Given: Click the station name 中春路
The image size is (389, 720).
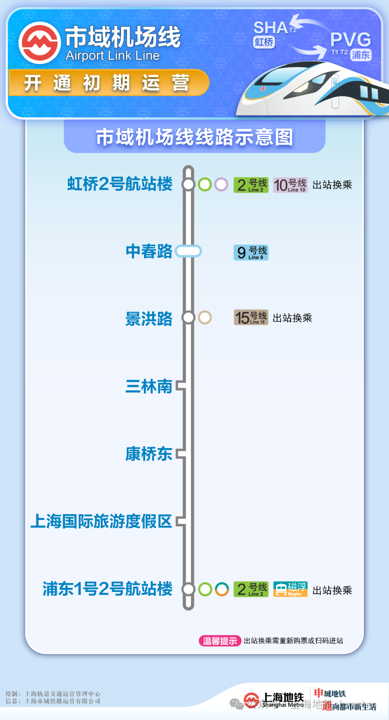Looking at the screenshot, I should (x=149, y=251).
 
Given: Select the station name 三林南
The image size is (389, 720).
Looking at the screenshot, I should (x=149, y=386).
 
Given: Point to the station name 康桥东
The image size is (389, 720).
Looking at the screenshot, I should (x=149, y=454).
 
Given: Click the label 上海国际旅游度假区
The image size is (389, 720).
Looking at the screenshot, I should (x=101, y=521).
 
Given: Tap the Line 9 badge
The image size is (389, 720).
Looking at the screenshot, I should (x=251, y=253).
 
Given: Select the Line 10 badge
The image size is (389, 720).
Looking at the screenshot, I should (x=290, y=185).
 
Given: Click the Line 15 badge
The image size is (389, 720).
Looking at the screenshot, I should (x=251, y=317).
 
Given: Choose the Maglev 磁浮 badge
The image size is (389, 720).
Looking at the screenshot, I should (x=290, y=589).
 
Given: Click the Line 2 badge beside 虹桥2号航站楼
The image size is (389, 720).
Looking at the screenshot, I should (x=251, y=185).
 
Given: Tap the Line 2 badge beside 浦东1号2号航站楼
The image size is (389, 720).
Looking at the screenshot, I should (x=251, y=589).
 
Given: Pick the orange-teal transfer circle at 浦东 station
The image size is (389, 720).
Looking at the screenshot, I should (x=222, y=589).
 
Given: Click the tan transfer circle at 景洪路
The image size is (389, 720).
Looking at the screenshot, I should (x=205, y=317).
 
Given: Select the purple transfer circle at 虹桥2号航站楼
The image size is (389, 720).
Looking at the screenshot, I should (x=221, y=185).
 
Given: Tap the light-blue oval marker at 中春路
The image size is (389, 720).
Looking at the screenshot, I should (x=188, y=251).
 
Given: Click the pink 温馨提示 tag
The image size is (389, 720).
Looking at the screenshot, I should (x=220, y=641).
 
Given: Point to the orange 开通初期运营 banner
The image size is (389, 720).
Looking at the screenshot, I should (x=108, y=83).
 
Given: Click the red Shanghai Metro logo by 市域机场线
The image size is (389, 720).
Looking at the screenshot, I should (x=40, y=43).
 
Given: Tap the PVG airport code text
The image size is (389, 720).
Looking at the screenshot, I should (x=350, y=40).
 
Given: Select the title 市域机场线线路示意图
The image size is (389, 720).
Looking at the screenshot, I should (x=194, y=137).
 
